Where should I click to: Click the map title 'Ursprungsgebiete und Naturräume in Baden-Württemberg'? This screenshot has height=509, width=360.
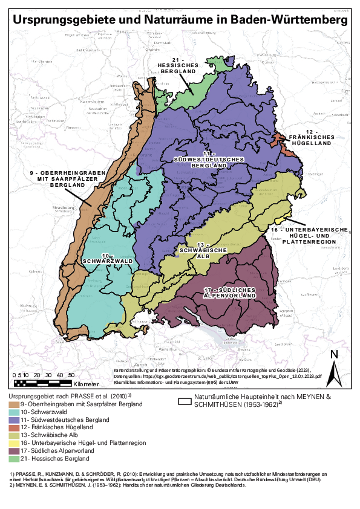[x=180, y=19]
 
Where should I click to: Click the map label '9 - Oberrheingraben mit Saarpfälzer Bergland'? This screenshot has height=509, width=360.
[x=68, y=179]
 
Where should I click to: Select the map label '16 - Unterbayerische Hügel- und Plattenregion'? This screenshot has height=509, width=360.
[x=309, y=236]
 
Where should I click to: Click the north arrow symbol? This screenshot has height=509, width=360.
[x=333, y=369]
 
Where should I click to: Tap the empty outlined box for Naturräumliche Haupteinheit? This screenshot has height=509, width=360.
[x=202, y=400]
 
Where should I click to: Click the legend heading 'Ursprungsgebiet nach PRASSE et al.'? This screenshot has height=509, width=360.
[x=67, y=394]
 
